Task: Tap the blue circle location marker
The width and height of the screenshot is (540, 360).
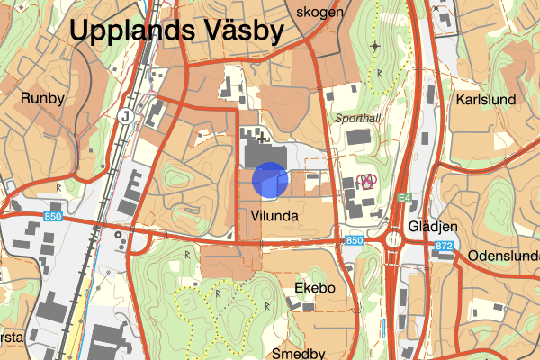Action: pos(269,179)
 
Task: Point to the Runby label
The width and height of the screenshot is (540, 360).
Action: pos(42,98)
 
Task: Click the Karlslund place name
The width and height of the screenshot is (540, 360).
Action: pos(486,100)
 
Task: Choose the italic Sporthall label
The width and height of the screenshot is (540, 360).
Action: pos(358,118)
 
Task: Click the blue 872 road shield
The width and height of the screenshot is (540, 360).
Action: pos(442,246)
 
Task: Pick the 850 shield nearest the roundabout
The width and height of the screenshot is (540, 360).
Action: pos(355,241)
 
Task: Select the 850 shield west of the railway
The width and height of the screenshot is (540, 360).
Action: pos(53,217)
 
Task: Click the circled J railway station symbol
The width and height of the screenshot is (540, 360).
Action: pos(125,115)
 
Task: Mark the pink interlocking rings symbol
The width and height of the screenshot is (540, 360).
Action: pos(366,179)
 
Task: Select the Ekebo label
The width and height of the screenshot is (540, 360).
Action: pos(315,288)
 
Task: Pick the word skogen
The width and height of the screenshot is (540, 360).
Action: pos(323,12)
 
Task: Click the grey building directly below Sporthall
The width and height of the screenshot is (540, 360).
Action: pos(357,138)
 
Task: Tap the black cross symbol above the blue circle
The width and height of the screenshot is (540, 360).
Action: pos(263,139)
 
